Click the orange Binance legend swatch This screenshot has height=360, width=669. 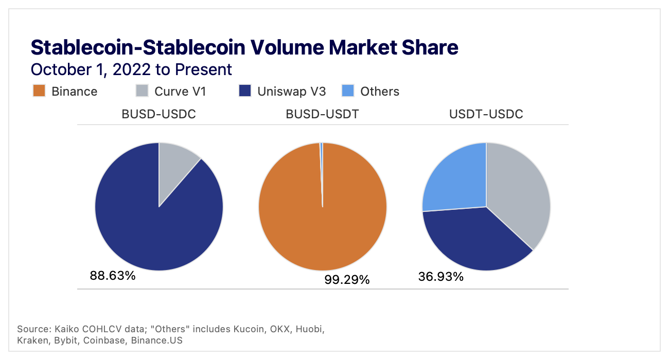tap(40, 91)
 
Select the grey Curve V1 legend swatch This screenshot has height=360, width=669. tap(142, 91)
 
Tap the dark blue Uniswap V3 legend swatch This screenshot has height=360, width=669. tap(245, 91)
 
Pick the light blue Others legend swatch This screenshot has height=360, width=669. tap(348, 91)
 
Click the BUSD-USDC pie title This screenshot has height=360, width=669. tap(159, 114)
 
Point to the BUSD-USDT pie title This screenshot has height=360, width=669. tap(322, 114)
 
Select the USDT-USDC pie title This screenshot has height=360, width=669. tap(486, 114)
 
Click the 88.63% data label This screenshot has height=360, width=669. tap(113, 276)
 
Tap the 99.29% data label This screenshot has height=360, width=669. tap(347, 280)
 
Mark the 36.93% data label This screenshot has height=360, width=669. tap(441, 277)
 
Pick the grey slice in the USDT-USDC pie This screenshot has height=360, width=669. tap(517, 195)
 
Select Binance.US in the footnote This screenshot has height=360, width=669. tap(157, 340)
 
